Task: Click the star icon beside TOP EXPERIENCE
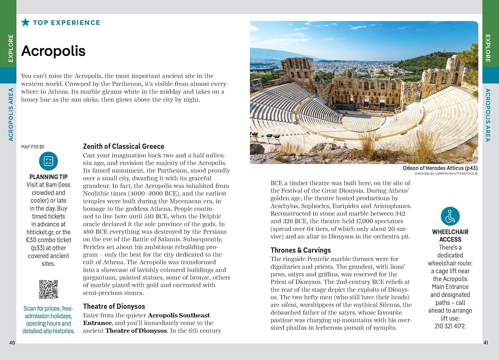click(25, 22)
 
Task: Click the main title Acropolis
click(53, 51)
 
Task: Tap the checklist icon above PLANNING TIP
click(49, 161)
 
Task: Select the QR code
click(49, 289)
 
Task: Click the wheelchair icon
click(450, 216)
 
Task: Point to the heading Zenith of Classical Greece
click(123, 146)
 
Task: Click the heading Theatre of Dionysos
click(114, 306)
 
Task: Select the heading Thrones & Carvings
click(300, 250)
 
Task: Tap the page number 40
click(12, 343)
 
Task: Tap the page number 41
click(486, 343)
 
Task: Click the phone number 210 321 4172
click(450, 326)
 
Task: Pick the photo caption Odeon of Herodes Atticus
click(440, 168)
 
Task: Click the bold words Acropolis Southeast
click(179, 315)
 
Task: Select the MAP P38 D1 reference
click(33, 147)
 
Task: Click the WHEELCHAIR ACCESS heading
click(450, 236)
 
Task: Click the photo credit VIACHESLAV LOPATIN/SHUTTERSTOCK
click(446, 174)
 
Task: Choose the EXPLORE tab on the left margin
click(11, 48)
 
